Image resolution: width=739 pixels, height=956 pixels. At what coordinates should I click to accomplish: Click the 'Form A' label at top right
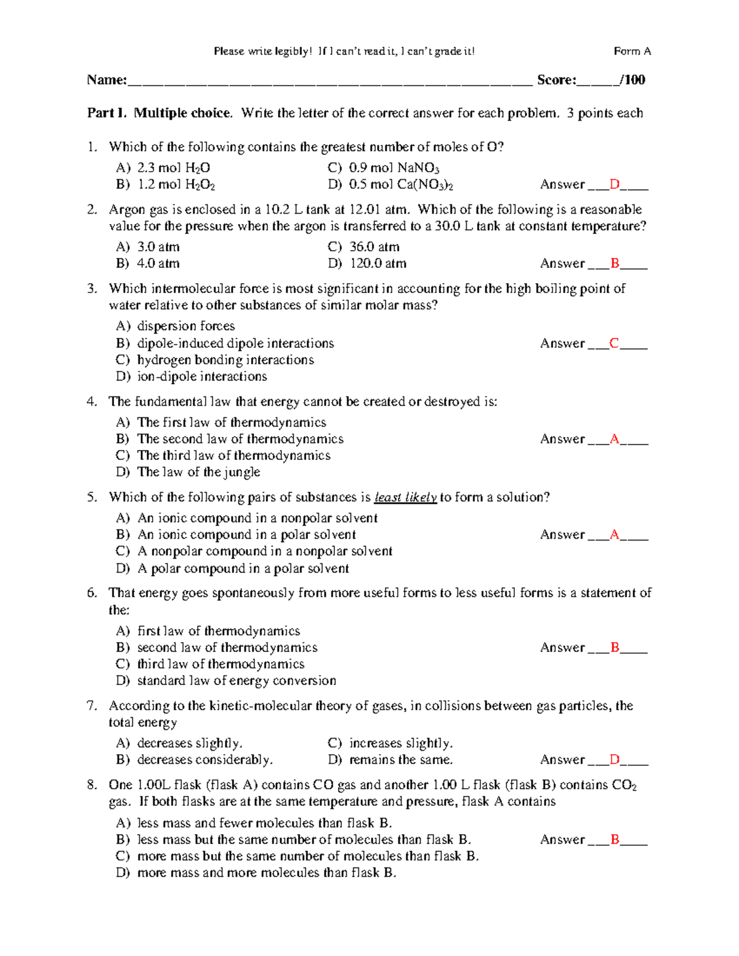pos(632,51)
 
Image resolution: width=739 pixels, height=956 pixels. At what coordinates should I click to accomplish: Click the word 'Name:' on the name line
pos(107,79)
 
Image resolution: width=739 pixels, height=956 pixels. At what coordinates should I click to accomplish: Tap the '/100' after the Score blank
pos(632,79)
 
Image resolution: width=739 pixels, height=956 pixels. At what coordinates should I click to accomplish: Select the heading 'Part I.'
pos(107,113)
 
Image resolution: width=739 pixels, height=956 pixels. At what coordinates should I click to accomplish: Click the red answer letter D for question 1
pos(614,184)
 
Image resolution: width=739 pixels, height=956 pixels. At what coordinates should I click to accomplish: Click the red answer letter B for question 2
pos(614,263)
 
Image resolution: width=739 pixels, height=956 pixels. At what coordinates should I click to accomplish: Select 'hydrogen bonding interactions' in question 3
pos(225,360)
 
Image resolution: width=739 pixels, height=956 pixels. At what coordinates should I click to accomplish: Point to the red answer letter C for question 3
pos(614,343)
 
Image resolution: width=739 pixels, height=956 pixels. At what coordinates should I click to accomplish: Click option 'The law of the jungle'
pos(198,472)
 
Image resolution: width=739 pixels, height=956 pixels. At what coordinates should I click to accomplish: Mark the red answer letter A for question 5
pos(614,534)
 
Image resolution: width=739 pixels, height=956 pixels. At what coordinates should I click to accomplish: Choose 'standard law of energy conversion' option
pos(236,681)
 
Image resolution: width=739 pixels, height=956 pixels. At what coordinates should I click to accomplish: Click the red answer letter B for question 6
pos(614,648)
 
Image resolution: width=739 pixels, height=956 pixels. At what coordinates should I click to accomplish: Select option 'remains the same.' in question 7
pos(400,760)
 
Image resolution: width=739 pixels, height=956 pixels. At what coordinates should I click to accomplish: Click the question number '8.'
pos(92,785)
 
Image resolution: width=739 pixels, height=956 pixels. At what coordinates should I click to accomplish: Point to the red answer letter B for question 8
pos(614,840)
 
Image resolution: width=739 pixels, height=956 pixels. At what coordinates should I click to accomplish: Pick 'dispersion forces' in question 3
pos(185,326)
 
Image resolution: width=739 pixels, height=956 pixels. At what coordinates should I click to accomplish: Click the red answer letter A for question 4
pos(614,439)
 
